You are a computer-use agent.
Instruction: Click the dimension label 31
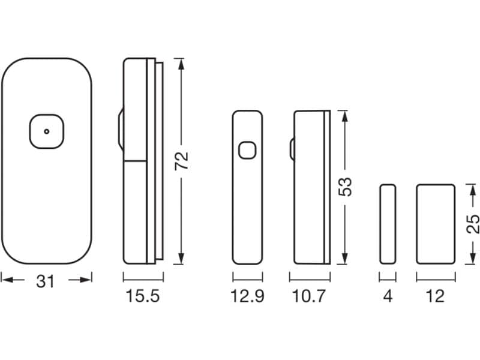pyautogui.click(x=45, y=281)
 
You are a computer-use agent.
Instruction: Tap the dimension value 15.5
pyautogui.click(x=143, y=296)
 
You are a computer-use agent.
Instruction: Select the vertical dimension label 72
pyautogui.click(x=181, y=160)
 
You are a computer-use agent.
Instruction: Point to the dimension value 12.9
pyautogui.click(x=247, y=296)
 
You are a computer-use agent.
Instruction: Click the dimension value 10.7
pyautogui.click(x=309, y=296)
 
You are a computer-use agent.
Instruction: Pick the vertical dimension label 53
pyautogui.click(x=345, y=187)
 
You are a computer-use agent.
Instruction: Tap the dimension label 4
pyautogui.click(x=388, y=296)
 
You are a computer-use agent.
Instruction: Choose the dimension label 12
pyautogui.click(x=435, y=296)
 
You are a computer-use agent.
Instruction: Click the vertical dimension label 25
pyautogui.click(x=473, y=224)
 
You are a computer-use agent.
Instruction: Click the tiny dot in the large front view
pyautogui.click(x=47, y=131)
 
